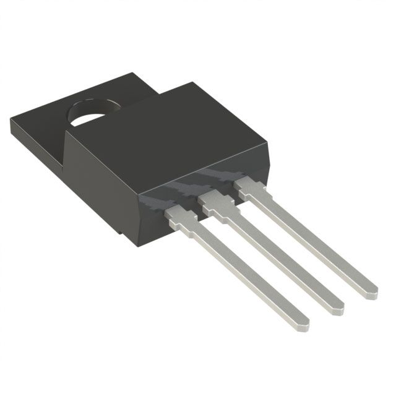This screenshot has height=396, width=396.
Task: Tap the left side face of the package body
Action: [99, 186]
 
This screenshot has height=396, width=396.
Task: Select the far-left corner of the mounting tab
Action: [11, 124]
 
